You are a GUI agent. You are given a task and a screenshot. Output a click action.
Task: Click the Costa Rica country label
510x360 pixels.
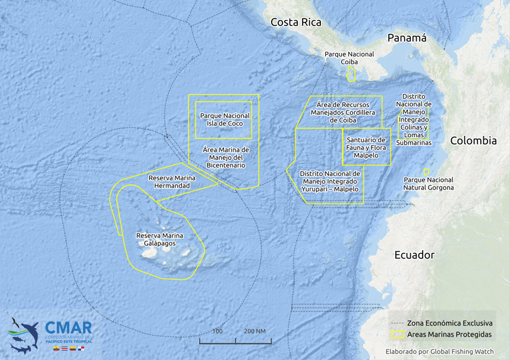(x=295, y=23)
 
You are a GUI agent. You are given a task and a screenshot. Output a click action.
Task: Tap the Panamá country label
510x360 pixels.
(x=407, y=38)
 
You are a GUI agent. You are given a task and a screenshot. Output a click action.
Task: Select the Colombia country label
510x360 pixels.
(x=473, y=141)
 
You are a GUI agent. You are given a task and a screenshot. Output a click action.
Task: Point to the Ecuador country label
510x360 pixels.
(x=414, y=255)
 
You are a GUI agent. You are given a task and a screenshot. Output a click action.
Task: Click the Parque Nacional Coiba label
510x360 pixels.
(x=349, y=58)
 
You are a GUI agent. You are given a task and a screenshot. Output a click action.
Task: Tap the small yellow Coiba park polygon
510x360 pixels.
(x=351, y=74)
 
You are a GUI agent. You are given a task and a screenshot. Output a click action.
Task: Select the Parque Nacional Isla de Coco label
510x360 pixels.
(x=225, y=119)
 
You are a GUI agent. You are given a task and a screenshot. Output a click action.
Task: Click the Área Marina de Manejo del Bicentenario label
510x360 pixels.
(x=225, y=157)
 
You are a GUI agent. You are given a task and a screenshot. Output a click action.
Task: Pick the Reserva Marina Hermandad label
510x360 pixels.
(x=172, y=182)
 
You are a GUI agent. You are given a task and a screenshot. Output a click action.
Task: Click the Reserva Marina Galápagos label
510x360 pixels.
(x=159, y=239)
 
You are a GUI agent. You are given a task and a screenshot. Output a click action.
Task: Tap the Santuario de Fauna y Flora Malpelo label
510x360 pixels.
(x=366, y=147)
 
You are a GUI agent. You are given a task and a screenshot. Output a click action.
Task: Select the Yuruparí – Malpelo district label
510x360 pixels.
(x=330, y=181)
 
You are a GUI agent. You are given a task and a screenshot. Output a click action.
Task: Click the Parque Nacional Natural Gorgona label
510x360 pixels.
(x=428, y=184)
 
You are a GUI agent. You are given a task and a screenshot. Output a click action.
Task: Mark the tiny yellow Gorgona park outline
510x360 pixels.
(x=426, y=172)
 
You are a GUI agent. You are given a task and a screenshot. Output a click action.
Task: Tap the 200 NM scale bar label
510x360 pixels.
(x=253, y=331)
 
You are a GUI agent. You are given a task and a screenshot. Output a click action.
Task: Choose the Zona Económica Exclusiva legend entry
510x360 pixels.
(x=449, y=323)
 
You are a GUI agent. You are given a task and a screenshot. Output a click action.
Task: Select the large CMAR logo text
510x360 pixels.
(x=68, y=328)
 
